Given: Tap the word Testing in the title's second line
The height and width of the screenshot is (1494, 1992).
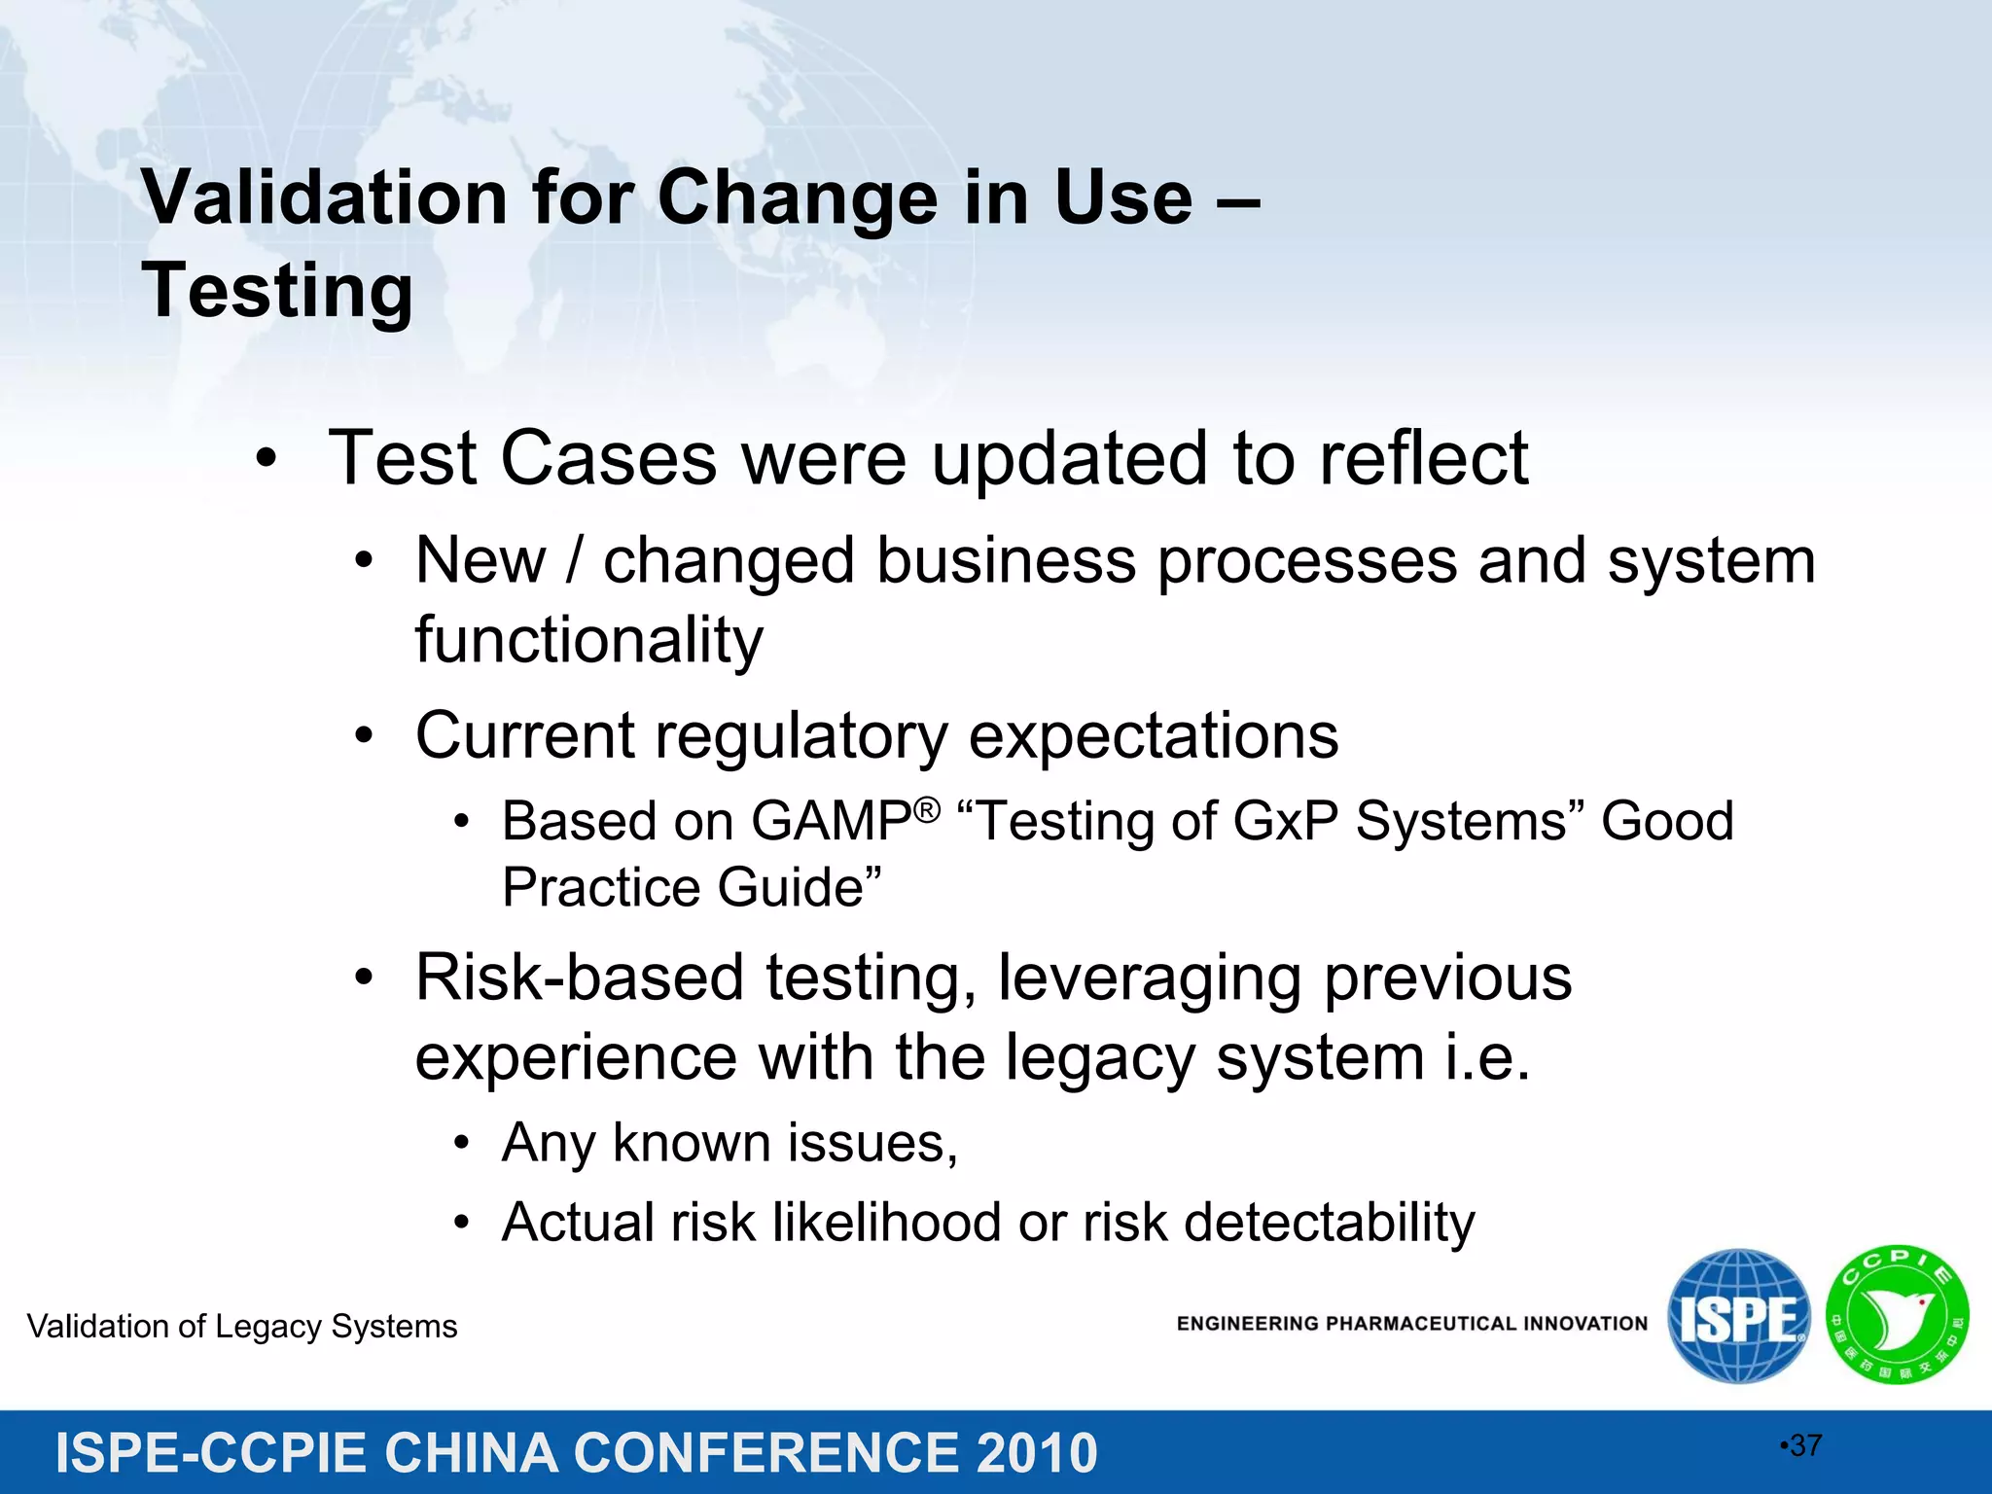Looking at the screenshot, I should coord(278,291).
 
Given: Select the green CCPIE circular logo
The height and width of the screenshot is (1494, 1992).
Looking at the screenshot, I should coord(1897,1316).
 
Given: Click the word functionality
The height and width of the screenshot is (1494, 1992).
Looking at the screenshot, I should coord(588,641).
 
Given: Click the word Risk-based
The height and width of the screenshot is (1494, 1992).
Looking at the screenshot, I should coord(579,978).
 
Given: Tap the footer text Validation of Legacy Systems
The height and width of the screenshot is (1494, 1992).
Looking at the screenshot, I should coord(242,1327).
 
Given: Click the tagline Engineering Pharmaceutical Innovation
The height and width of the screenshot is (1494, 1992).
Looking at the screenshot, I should coord(1411,1324).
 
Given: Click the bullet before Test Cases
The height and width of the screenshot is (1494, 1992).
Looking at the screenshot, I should coord(267,459).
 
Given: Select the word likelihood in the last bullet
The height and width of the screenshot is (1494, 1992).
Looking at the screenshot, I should coord(886,1223).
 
